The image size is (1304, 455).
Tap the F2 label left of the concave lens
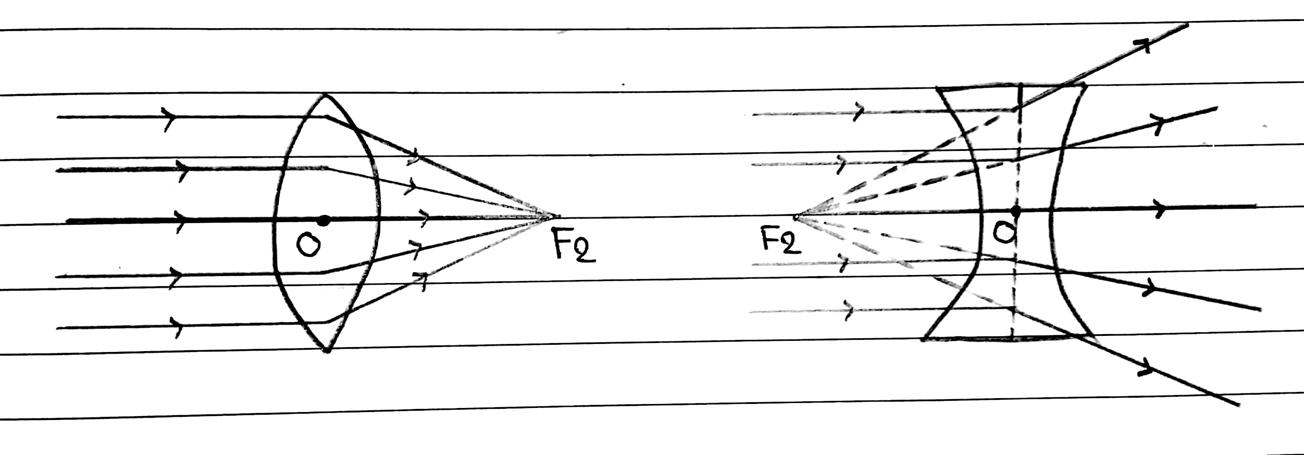[x=781, y=240]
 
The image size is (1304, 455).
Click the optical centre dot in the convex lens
[x=324, y=221]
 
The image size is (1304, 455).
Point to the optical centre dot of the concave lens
[x=1015, y=210]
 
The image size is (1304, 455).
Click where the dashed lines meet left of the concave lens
[x=796, y=217]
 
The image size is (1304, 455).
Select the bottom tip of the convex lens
[x=327, y=350]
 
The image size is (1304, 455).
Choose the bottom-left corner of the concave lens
[x=924, y=339]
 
